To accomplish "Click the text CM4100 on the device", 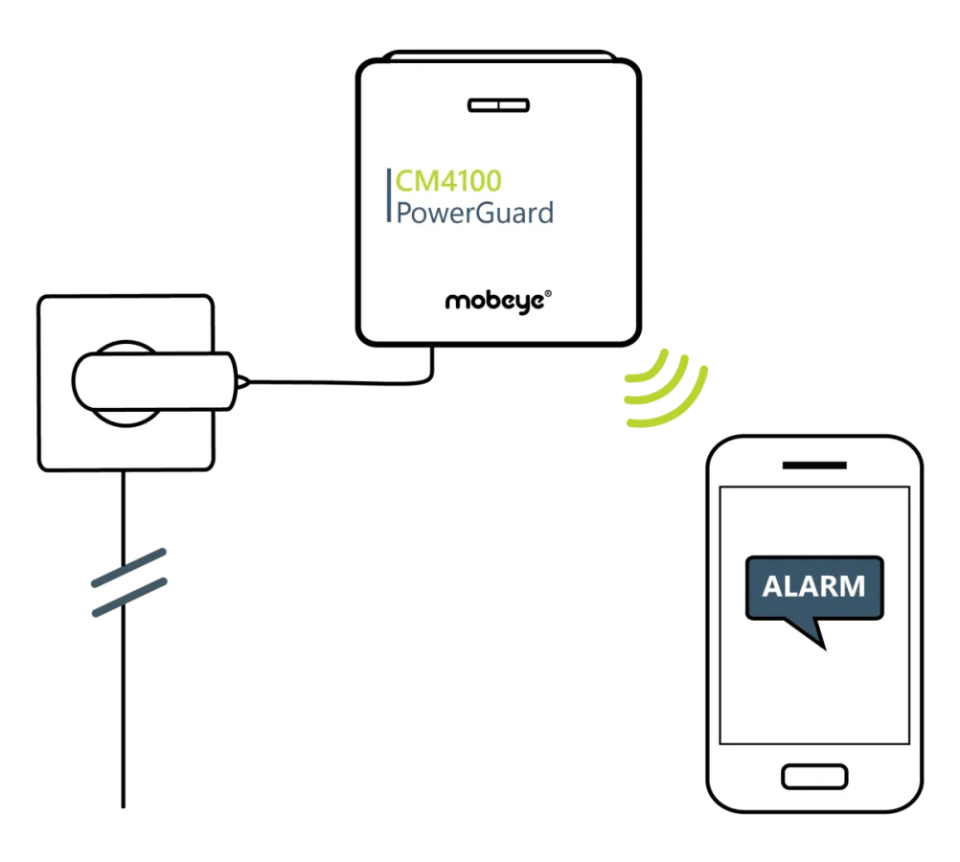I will (x=448, y=179).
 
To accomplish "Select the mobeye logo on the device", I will (x=494, y=301).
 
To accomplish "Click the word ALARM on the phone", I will (x=813, y=585).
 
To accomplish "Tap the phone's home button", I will (x=814, y=776).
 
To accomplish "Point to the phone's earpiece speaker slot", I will (x=814, y=465).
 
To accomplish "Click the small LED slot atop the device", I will (x=497, y=104).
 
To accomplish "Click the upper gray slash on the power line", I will (x=127, y=566).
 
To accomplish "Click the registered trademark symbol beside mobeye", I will (x=548, y=296).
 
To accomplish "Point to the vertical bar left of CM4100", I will (x=389, y=195).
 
